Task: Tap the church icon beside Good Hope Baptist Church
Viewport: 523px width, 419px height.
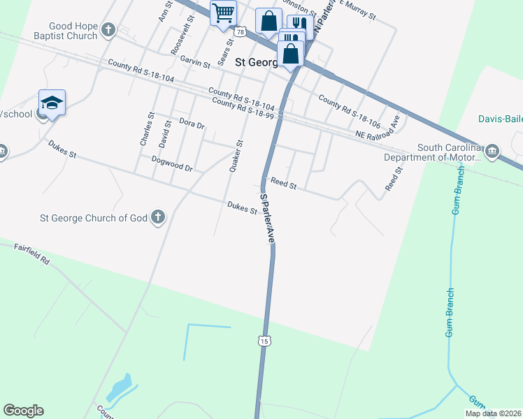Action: coord(108,29)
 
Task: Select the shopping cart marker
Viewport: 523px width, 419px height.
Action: coord(223,13)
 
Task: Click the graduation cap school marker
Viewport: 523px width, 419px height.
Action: coord(52,103)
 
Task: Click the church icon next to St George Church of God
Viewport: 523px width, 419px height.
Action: coord(157,217)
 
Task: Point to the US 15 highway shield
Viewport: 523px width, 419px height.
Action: coord(263,340)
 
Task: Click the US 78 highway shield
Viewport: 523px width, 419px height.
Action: coord(241,32)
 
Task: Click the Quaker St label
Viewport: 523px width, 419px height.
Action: coord(235,156)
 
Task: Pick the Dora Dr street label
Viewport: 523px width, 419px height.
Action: coord(192,124)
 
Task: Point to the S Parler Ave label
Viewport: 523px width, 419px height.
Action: coord(267,218)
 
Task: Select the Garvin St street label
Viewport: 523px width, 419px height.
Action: coord(195,62)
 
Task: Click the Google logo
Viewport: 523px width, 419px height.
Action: coord(23,411)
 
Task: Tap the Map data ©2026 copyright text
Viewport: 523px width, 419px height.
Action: coord(493,413)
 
